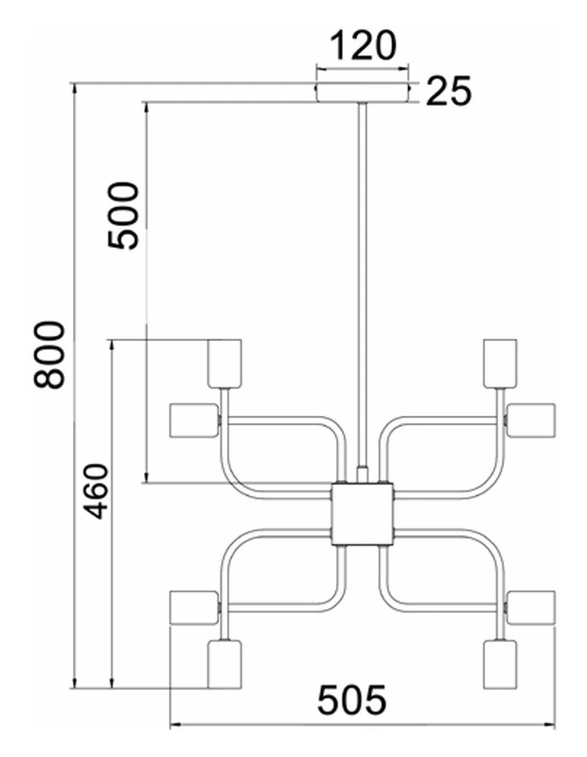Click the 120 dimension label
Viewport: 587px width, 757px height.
[363, 46]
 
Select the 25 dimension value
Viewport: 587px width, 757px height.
[448, 91]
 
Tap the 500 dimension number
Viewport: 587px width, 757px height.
[123, 215]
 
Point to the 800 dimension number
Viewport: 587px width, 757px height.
[49, 354]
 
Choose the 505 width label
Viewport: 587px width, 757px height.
[352, 700]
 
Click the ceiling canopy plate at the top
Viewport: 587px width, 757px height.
[362, 93]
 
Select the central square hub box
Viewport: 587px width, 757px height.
[362, 514]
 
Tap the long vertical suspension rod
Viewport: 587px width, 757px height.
[362, 285]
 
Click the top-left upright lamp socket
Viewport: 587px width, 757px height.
[225, 363]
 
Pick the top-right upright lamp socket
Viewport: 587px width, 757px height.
[501, 363]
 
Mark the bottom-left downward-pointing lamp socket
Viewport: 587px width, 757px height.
[225, 664]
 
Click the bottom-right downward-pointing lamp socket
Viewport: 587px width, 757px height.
[501, 664]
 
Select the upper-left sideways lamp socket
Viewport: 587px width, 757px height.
[194, 421]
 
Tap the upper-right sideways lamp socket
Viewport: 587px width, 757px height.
[531, 421]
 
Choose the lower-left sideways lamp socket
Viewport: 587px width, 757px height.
[194, 607]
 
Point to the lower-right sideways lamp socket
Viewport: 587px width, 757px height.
[531, 607]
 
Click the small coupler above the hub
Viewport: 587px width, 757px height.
[362, 475]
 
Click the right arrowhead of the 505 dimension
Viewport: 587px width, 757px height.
[550, 724]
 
